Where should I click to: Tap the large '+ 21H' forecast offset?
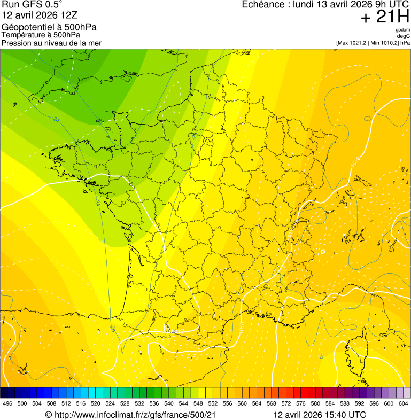click(384, 17)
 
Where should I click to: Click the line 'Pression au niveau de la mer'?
click(51, 43)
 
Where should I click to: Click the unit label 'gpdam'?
click(402, 30)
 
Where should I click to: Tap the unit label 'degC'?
click(404, 36)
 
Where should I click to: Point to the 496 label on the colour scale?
click(7, 403)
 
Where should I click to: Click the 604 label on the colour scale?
click(404, 403)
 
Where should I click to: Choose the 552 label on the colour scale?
click(213, 403)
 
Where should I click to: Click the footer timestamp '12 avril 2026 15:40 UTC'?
click(319, 415)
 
